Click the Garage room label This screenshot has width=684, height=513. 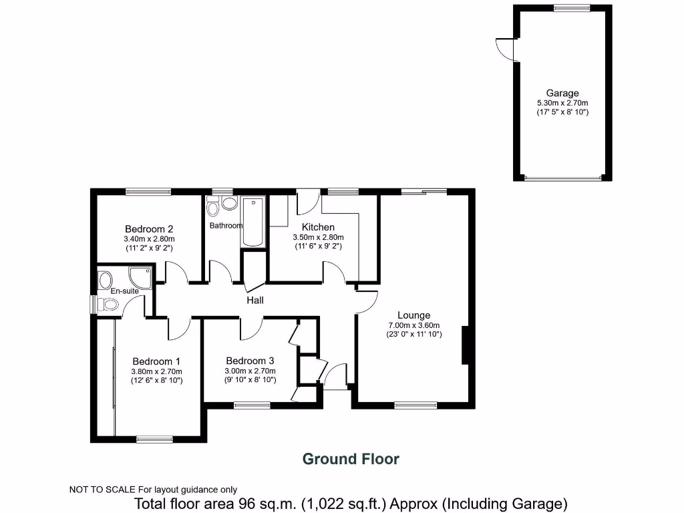pos(562,94)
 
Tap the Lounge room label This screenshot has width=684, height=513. pos(413,315)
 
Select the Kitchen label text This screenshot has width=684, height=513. pos(318,227)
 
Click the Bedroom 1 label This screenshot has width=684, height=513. pos(157,361)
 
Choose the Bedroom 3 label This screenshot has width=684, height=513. pos(250,361)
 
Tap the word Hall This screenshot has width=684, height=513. pos(255,301)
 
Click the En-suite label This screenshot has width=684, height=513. pos(125,291)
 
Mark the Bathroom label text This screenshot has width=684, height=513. pos(226,226)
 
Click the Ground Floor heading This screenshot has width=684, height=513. pos(351,459)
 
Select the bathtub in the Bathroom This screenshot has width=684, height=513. pos(253,222)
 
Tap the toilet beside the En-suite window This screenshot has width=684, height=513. pos(108,305)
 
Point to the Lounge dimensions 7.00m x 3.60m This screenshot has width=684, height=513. pos(413,325)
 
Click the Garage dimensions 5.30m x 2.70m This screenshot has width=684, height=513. pos(562,103)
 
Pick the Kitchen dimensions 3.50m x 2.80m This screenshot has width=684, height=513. pos(318,237)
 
